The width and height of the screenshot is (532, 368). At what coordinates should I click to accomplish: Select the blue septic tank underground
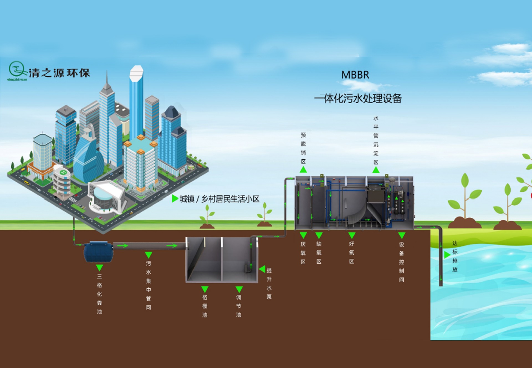coord(98,251)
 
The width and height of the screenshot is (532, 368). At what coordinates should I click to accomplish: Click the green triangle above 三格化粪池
coord(99,267)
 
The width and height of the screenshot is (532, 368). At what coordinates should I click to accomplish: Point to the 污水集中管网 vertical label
coord(149,285)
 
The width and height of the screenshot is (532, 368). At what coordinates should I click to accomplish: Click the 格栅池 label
coord(205,306)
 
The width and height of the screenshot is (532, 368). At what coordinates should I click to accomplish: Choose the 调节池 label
coord(239,306)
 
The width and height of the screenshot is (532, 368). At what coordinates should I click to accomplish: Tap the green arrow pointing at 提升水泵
coord(262,269)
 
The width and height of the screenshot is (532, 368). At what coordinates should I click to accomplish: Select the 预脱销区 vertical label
coord(303,148)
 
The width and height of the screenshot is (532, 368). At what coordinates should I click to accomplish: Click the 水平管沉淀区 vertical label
coord(376,140)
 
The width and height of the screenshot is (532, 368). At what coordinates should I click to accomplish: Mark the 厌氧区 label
coord(303,253)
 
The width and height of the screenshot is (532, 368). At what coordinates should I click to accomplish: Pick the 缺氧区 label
coord(319,253)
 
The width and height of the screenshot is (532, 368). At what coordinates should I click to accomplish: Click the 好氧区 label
coord(352,253)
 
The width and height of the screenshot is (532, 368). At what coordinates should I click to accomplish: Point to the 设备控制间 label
coord(401,262)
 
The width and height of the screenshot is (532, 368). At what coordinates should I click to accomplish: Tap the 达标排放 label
coord(455,256)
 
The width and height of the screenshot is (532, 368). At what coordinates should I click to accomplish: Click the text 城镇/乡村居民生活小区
coord(219,199)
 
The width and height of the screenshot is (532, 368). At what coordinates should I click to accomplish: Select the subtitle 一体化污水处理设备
coord(358,99)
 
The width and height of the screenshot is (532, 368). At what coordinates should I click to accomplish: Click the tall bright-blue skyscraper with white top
coord(136,102)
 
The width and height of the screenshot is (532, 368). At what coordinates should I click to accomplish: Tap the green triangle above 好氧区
coord(352,236)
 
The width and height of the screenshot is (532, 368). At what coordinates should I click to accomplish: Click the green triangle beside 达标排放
coord(447,255)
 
